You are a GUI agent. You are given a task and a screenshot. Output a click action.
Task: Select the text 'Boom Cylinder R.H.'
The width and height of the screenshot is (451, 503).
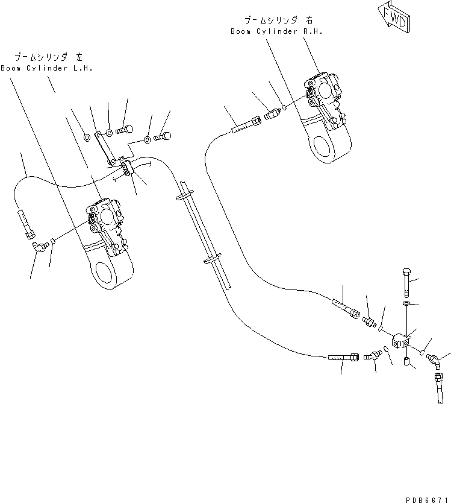(x=276, y=31)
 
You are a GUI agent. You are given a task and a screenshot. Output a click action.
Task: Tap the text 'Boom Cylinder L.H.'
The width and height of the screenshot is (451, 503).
(x=46, y=68)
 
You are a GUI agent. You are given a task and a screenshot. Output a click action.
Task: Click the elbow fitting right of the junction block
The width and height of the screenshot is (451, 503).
(x=434, y=359)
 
